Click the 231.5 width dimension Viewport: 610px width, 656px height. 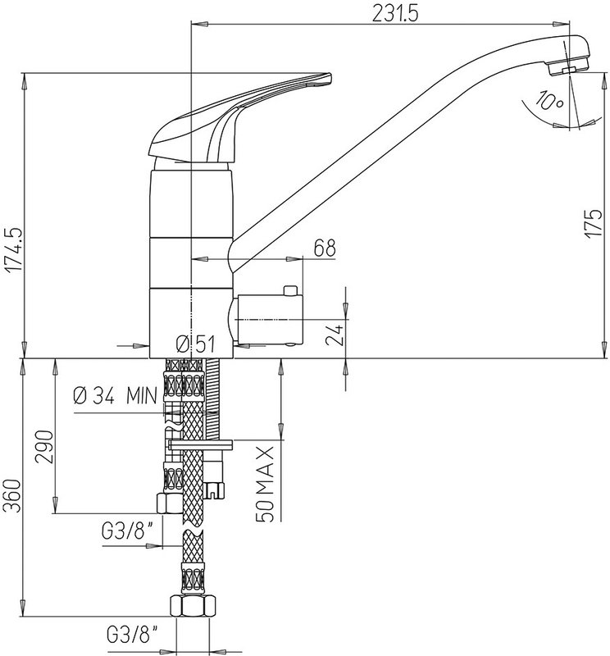click(x=395, y=14)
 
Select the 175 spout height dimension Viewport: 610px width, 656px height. click(x=594, y=223)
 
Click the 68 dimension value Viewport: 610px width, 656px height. click(x=325, y=248)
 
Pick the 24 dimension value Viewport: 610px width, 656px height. click(x=335, y=334)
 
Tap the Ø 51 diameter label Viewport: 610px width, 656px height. click(x=195, y=344)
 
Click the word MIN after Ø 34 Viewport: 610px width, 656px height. click(x=142, y=395)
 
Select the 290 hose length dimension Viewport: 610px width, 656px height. click(x=44, y=446)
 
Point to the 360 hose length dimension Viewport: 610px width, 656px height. click(x=11, y=496)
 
